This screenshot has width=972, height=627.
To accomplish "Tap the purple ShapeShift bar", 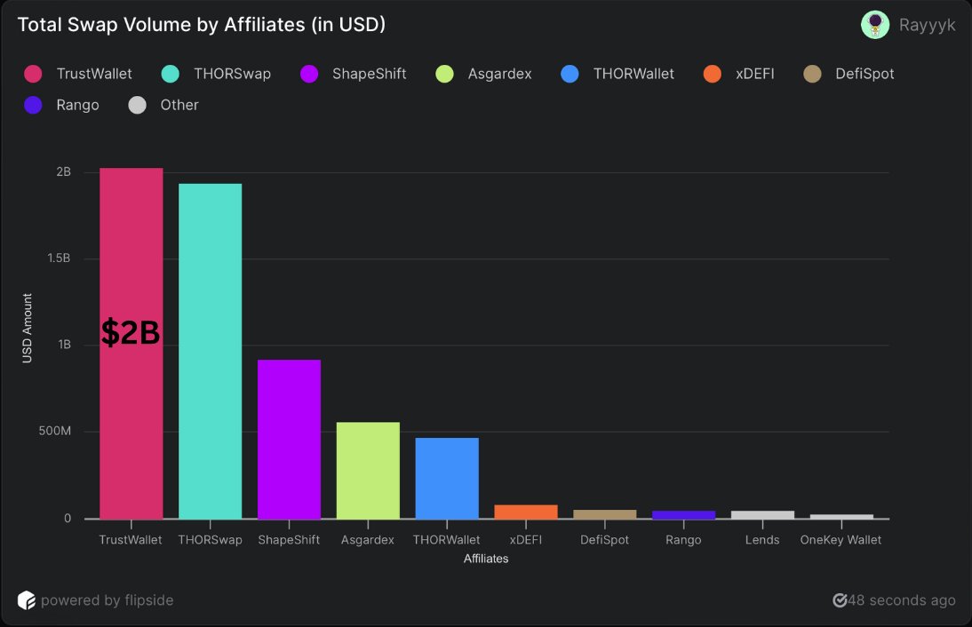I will [x=289, y=439].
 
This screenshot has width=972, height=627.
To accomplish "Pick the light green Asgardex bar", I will [x=368, y=470].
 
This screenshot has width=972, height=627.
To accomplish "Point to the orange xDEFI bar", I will [x=526, y=512].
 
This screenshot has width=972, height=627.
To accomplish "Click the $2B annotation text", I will [x=131, y=333].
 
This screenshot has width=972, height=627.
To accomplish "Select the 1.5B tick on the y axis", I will [x=59, y=258].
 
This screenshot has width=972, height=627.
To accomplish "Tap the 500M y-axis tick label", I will [x=54, y=432].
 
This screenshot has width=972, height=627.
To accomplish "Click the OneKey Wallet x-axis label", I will [x=841, y=540].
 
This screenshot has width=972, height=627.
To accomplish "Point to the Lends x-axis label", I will [x=762, y=540].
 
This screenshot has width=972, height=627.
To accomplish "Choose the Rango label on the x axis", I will [x=683, y=540].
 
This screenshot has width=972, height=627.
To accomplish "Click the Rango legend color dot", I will [x=34, y=105].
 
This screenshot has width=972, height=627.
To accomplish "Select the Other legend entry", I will [x=179, y=105].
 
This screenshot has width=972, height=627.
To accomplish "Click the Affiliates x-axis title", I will [x=486, y=559].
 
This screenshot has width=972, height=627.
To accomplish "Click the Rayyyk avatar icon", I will [x=875, y=25].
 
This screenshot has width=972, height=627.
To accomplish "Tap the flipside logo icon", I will [x=27, y=600].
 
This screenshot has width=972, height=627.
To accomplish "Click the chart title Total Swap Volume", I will [x=202, y=25].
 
